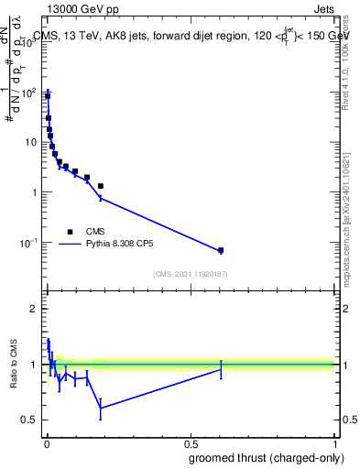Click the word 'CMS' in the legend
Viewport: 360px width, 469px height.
(x=96, y=232)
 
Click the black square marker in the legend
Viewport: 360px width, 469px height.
(x=70, y=232)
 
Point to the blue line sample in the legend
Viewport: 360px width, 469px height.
(x=70, y=245)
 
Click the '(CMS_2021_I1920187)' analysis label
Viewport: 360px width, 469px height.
(x=190, y=273)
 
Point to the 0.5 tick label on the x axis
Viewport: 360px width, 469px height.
(x=191, y=442)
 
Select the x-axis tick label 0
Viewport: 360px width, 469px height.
(x=47, y=442)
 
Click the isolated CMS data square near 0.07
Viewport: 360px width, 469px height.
(x=221, y=250)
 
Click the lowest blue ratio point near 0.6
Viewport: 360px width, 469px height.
(x=100, y=408)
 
